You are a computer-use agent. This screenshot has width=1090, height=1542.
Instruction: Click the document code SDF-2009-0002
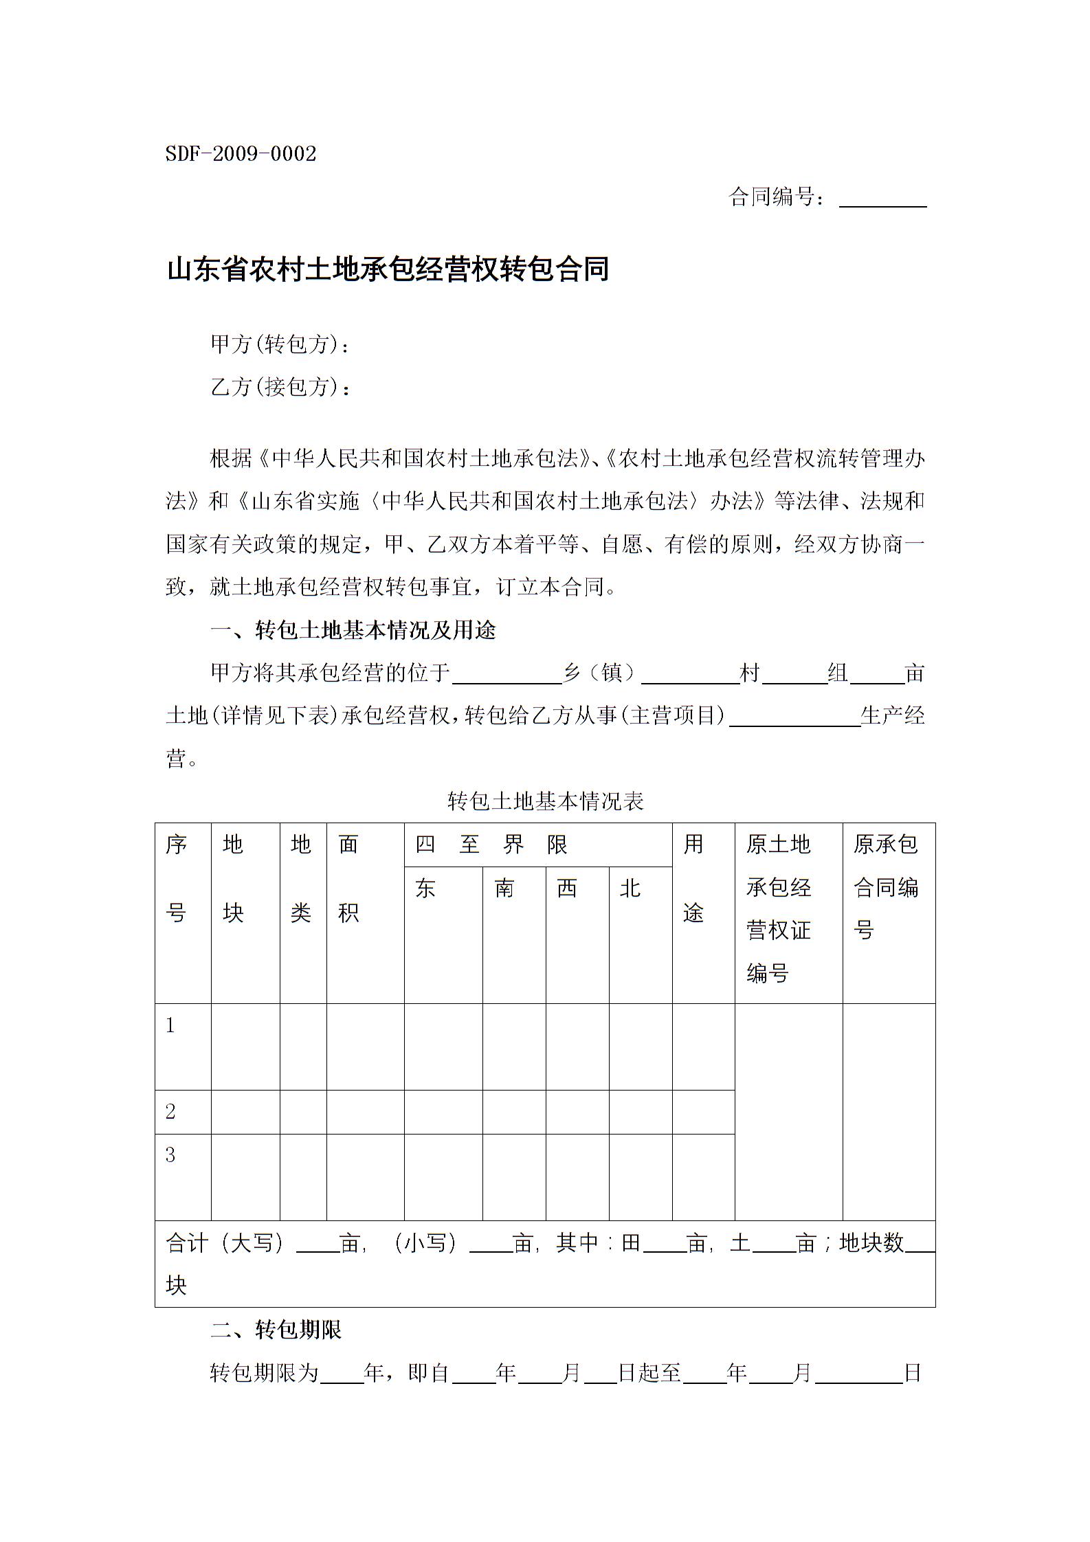pos(241,154)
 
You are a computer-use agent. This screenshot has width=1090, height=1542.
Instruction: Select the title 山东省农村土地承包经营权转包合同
pos(388,269)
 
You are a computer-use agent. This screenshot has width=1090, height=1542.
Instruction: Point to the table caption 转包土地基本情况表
pos(545,801)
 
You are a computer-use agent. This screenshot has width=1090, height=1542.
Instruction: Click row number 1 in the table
pos(170,1026)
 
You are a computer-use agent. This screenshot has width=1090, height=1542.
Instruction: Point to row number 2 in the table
pos(170,1111)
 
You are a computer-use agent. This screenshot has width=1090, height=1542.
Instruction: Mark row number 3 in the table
pos(170,1155)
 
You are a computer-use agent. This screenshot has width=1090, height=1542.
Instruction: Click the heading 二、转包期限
pos(276,1330)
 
